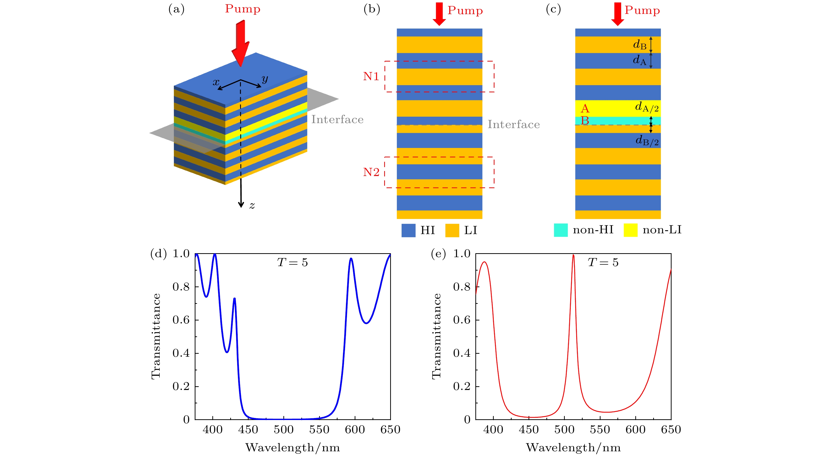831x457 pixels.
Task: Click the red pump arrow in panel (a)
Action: [240, 43]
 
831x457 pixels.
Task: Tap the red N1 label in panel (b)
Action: [371, 76]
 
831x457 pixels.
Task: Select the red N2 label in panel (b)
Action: [371, 172]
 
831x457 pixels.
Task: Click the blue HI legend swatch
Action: [408, 230]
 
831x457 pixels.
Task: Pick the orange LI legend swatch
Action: [452, 230]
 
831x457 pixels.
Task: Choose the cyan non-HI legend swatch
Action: [561, 230]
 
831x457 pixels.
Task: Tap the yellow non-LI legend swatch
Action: [630, 230]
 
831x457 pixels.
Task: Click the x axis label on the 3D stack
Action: [216, 82]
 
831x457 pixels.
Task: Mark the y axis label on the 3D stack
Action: [265, 78]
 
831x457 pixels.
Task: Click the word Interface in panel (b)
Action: [514, 125]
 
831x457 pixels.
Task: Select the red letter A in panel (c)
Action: [585, 108]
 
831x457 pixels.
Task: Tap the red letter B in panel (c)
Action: [585, 121]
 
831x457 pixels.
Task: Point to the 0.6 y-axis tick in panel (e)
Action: [462, 320]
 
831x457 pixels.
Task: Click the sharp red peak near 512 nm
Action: [573, 255]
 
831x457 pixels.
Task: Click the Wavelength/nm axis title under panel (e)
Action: [573, 448]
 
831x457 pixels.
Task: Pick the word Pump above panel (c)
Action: [642, 10]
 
